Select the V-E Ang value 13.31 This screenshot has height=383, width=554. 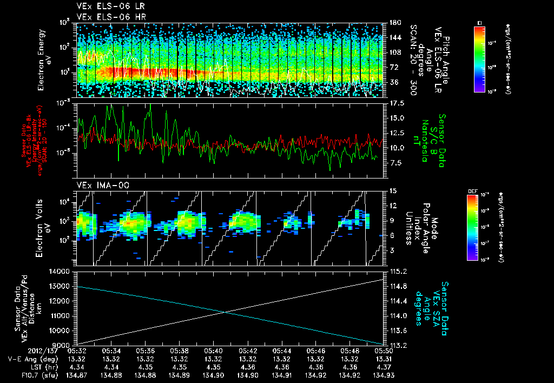click(384, 359)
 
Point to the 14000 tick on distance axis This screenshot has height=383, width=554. click(63, 272)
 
